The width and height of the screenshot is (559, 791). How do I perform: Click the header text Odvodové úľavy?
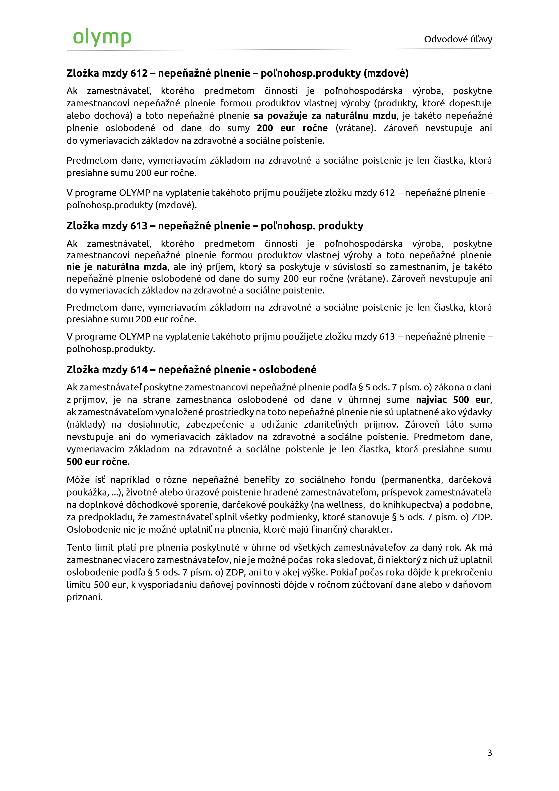pos(458,39)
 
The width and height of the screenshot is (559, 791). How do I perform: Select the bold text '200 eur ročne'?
pos(292,128)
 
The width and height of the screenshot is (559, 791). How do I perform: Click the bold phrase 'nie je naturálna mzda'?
pos(117,267)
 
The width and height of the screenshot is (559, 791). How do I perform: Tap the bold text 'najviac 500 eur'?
pos(453,400)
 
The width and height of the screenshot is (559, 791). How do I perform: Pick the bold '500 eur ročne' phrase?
pos(97,462)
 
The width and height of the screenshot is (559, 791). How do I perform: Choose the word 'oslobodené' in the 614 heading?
pos(287,370)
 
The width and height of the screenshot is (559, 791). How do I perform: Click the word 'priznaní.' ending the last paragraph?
pos(85,597)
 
